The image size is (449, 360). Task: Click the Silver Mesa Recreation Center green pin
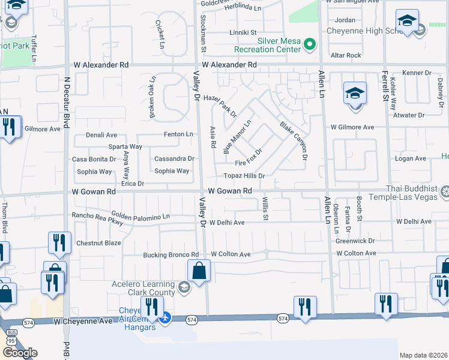click(310, 44)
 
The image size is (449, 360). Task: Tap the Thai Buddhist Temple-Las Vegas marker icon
click(445, 192)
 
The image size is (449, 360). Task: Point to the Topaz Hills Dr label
click(244, 176)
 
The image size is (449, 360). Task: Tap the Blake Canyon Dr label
click(294, 141)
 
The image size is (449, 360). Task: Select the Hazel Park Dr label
click(220, 106)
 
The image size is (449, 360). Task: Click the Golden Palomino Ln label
click(140, 215)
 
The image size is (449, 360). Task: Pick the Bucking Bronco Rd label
click(170, 254)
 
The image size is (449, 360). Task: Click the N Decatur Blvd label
click(68, 97)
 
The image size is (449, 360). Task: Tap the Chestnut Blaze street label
click(98, 243)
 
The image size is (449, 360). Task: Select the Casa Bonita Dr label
click(94, 159)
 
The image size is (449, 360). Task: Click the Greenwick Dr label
click(355, 241)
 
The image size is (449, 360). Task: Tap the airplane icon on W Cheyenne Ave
click(167, 317)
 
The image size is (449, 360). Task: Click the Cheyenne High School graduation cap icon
click(407, 22)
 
